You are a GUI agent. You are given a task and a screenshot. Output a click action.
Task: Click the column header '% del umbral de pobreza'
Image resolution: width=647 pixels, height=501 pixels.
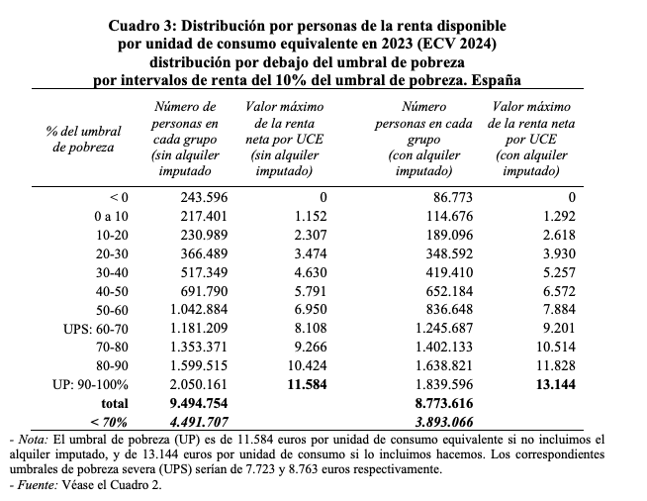[x=81, y=140]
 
